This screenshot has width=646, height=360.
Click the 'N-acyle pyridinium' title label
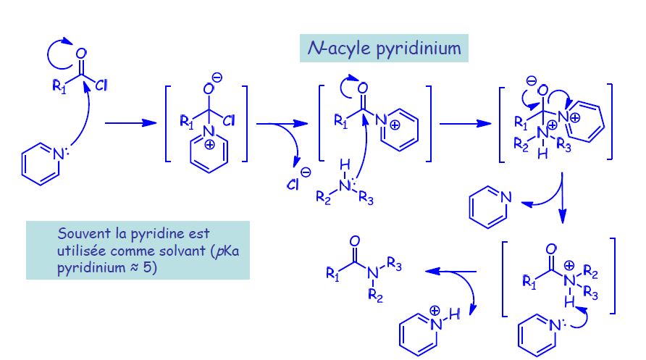(385, 49)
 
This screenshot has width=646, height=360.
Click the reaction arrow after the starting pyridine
(131, 124)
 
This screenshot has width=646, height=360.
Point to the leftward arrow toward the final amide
(450, 272)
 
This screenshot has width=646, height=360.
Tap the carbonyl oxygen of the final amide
(354, 241)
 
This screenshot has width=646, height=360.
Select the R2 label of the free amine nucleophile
(323, 198)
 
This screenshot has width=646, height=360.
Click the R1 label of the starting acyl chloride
(60, 87)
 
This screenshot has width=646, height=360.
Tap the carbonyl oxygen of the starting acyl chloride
(81, 54)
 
